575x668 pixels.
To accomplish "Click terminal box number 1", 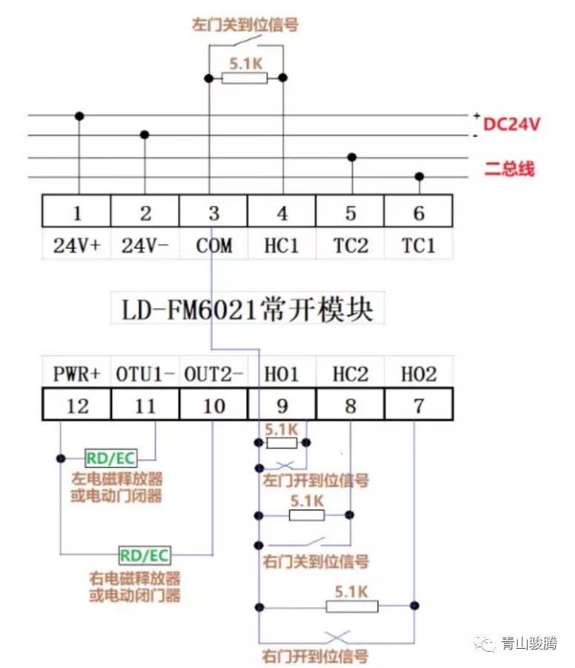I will [77, 213].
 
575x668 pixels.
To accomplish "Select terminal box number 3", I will [213, 213].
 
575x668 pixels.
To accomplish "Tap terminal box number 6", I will [419, 213].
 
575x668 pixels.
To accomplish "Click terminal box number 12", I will [77, 405].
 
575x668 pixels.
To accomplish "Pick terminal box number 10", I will [213, 405].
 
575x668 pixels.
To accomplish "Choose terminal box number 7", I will [419, 405].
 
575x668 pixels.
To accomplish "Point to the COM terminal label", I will [213, 246].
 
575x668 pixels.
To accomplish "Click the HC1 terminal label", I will [282, 246].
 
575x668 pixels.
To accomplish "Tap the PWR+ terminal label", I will [77, 373].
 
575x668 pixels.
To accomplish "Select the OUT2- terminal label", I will [213, 373].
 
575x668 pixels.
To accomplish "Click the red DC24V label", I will [512, 124].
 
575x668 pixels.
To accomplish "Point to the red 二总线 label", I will [509, 169].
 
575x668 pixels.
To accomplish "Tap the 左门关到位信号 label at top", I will [245, 25].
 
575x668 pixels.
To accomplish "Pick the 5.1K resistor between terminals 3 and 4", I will [245, 78].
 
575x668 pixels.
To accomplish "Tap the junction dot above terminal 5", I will [352, 157].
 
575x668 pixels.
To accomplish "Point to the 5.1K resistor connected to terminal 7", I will [352, 607].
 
